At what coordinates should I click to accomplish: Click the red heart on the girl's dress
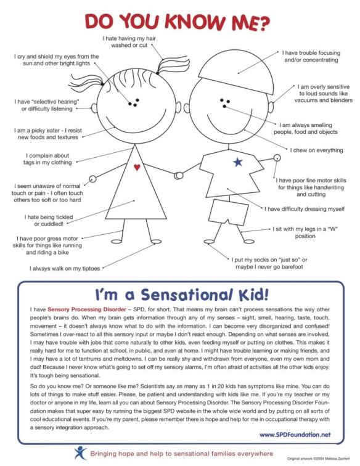click(x=137, y=166)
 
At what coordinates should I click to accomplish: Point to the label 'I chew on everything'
click(x=316, y=150)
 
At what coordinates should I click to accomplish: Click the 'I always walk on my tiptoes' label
click(x=65, y=268)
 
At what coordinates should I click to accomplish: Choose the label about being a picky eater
click(x=49, y=134)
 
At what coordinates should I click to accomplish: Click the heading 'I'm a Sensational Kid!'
click(x=179, y=294)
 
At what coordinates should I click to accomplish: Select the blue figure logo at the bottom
click(x=79, y=453)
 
